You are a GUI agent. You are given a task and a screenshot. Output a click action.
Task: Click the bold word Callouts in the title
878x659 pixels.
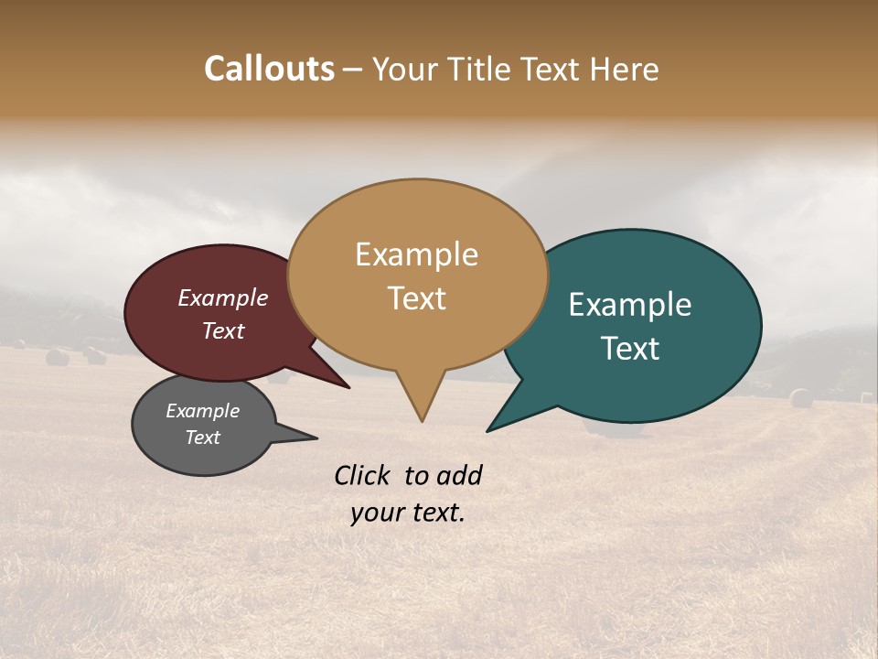pyautogui.click(x=269, y=69)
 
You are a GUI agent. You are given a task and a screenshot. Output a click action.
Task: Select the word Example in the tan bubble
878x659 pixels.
pyautogui.click(x=416, y=254)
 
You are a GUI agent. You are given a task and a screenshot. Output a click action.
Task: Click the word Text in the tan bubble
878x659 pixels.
pyautogui.click(x=416, y=297)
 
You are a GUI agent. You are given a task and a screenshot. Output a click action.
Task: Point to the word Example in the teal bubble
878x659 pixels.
pyautogui.click(x=630, y=304)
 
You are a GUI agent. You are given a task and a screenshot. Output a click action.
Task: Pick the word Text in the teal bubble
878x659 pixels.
pyautogui.click(x=630, y=348)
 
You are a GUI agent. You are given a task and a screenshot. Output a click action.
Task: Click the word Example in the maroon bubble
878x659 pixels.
pyautogui.click(x=222, y=297)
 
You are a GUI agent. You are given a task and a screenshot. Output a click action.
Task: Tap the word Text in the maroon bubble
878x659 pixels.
pyautogui.click(x=222, y=330)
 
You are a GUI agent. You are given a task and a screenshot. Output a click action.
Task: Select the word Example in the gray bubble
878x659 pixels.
pyautogui.click(x=202, y=411)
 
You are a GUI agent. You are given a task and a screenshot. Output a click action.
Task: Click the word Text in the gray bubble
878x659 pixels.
pyautogui.click(x=202, y=438)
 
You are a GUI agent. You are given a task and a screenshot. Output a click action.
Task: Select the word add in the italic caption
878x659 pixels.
pyautogui.click(x=460, y=475)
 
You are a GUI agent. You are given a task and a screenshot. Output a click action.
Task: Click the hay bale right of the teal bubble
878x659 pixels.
pyautogui.click(x=801, y=398)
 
